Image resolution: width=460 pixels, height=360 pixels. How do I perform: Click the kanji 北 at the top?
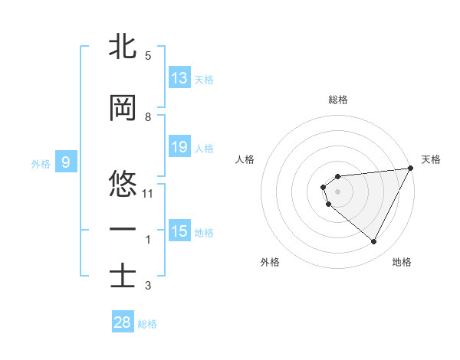coord(123,47)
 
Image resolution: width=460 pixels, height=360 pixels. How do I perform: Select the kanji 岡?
coord(123,109)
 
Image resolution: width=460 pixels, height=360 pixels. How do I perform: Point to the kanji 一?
coord(123,229)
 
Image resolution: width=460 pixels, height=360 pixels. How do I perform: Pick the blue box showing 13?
coord(179,79)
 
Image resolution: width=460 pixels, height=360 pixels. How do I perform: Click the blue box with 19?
coord(179,148)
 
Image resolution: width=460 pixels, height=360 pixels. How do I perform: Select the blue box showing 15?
coord(179,231)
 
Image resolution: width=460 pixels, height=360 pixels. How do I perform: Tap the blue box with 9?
coord(67,162)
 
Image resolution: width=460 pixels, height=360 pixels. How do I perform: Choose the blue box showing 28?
coord(123,322)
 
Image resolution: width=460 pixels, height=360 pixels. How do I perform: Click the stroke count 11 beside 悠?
coord(148,194)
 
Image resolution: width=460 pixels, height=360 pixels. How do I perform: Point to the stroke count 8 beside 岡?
coord(148,117)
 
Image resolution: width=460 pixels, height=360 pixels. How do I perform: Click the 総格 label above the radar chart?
coord(337,100)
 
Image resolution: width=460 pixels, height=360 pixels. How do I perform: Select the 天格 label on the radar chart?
coord(431,159)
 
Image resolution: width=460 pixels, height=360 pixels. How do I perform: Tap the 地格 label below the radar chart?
coord(402,262)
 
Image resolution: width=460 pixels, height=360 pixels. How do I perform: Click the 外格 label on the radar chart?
coord(270,262)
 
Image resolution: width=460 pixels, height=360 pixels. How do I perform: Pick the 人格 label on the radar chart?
coord(245,159)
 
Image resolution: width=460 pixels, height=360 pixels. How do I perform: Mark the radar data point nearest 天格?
coord(410,169)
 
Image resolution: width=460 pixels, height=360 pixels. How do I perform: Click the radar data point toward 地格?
coord(374,242)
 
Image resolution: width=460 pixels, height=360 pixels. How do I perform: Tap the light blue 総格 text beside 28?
coord(147,324)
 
